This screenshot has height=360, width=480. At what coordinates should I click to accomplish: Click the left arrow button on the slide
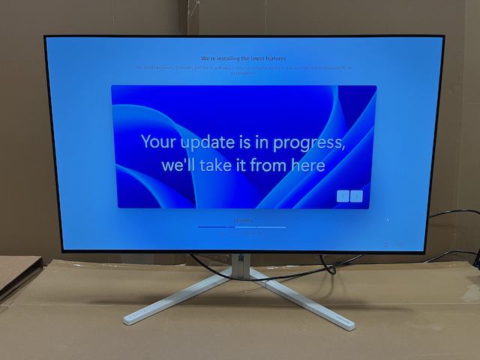(343, 196)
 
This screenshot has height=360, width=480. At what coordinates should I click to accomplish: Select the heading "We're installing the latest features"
(244, 58)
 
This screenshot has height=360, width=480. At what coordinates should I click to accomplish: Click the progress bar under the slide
(241, 226)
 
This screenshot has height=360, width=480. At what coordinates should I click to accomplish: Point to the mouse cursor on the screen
(388, 220)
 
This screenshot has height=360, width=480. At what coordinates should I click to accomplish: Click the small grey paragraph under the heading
(244, 70)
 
